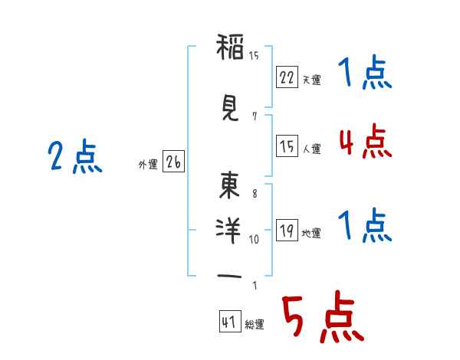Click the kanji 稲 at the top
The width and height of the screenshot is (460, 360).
[x=230, y=47]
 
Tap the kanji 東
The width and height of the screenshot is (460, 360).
[x=229, y=185]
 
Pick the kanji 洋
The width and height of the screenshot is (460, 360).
[x=228, y=231]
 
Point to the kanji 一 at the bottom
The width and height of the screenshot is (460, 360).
[x=229, y=276]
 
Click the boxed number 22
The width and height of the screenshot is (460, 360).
[x=287, y=77]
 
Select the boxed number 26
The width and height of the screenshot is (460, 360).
[x=173, y=161]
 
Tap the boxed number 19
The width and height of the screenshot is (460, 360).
[x=287, y=230]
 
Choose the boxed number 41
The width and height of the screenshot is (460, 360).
[x=230, y=321]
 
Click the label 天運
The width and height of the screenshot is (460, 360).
[x=311, y=80]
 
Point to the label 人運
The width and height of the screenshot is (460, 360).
[x=311, y=149]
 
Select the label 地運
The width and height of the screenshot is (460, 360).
[x=311, y=233]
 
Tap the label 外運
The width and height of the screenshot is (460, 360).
[x=148, y=165]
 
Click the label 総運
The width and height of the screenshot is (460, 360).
[x=255, y=324]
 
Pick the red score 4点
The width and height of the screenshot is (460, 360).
[x=366, y=141]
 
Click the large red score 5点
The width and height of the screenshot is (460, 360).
[x=324, y=316]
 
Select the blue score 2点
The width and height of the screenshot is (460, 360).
[x=75, y=156]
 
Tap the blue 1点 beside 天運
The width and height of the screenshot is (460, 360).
[x=365, y=71]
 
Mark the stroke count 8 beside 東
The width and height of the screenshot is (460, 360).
[x=255, y=194]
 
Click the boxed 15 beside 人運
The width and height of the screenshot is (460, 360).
[x=287, y=146]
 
